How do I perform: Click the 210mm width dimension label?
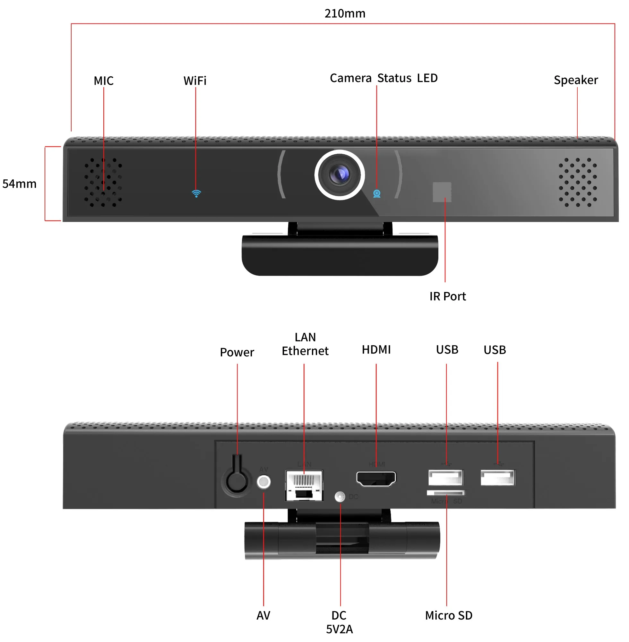coord(345,13)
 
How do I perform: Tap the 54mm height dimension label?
coord(20,184)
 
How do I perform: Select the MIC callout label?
coord(103,81)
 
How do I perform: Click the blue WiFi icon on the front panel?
coord(196,193)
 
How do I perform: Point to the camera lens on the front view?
coord(340,174)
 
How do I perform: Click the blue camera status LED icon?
coord(377,194)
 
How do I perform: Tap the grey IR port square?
coord(442,192)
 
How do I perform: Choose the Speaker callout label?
coord(575,80)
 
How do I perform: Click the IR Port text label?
coord(447,296)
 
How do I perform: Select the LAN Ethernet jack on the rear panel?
coord(304,485)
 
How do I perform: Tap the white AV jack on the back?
coord(263,482)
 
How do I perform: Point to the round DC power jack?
coord(340,496)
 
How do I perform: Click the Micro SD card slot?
coord(446,493)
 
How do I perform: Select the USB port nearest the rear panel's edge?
coord(497,477)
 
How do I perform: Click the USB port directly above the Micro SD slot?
coord(446,477)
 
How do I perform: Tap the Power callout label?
coord(237,352)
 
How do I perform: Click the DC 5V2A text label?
coord(339,622)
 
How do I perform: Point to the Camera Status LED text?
coord(383,78)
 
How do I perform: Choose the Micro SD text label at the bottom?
coord(449,616)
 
